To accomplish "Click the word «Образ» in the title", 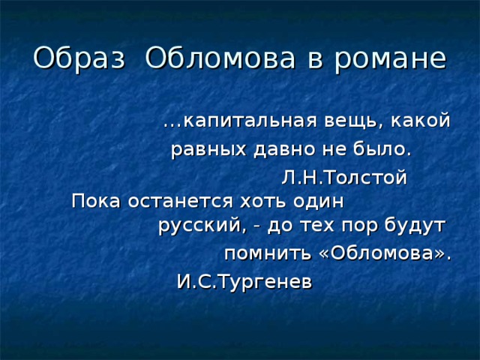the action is point(79,58).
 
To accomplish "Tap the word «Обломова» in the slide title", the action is point(220,58).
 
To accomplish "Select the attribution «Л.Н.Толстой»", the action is point(344,177).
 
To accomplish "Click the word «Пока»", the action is point(96,202).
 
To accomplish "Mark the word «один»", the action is point(318,201).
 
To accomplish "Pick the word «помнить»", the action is point(267,253).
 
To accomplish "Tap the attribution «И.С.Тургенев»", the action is point(244,282).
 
